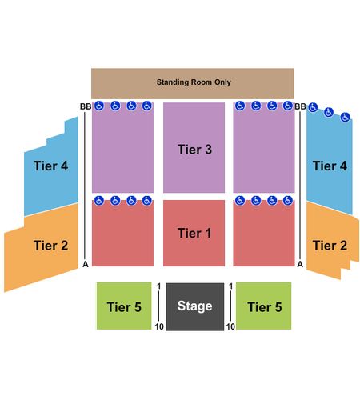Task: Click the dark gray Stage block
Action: [195, 306]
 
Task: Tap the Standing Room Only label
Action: [194, 82]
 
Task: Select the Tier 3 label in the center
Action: [194, 150]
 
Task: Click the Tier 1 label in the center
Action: [194, 233]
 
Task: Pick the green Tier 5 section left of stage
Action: [124, 306]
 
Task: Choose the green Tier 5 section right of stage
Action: [264, 306]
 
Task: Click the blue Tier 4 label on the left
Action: [50, 166]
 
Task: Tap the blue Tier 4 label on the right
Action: [330, 166]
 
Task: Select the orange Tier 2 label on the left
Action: [50, 246]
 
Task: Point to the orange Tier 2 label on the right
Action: [330, 246]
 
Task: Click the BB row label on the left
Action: [86, 106]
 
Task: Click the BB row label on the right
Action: [300, 106]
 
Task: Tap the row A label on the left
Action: [86, 264]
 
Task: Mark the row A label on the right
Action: [300, 264]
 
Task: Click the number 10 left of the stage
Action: [159, 326]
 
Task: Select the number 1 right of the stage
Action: [231, 286]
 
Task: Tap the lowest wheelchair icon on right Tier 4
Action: [345, 117]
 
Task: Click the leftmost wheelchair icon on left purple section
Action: [99, 106]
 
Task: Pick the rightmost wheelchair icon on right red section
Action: [288, 200]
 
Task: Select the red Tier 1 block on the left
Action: [122, 234]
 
